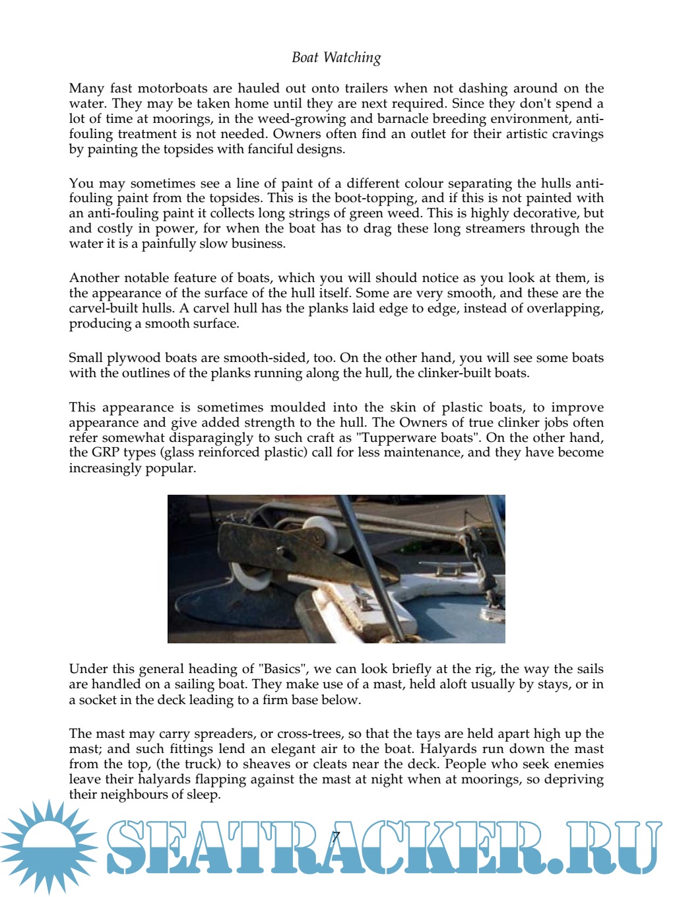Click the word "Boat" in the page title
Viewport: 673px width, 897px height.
point(305,57)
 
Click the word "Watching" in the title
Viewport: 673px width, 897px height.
point(352,57)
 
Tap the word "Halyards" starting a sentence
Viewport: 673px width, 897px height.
point(449,749)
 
